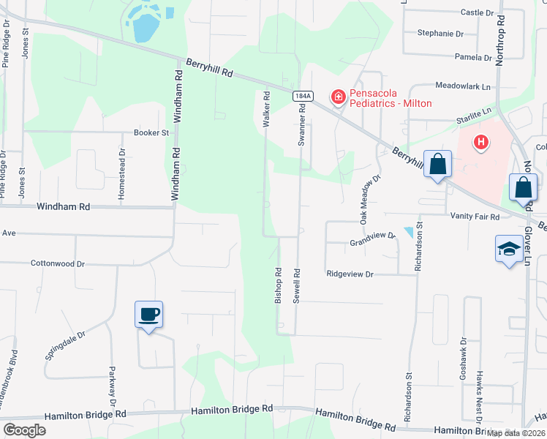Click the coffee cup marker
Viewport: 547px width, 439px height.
[148, 315]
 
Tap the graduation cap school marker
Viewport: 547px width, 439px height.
[509, 249]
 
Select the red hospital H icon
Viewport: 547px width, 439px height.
[480, 142]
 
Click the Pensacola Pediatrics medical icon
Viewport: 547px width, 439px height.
[338, 97]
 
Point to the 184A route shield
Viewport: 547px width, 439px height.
[303, 96]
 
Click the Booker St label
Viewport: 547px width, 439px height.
[151, 132]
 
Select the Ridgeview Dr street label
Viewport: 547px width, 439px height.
[350, 274]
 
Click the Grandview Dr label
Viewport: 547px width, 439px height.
[371, 240]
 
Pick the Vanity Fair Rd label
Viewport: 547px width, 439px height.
[475, 217]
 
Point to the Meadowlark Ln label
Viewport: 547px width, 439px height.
[464, 86]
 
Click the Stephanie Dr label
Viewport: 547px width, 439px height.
[440, 34]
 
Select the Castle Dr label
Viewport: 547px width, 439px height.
[478, 12]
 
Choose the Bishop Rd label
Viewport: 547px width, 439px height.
[278, 285]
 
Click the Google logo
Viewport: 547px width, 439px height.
[24, 429]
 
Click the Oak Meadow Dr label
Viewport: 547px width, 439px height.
[369, 199]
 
